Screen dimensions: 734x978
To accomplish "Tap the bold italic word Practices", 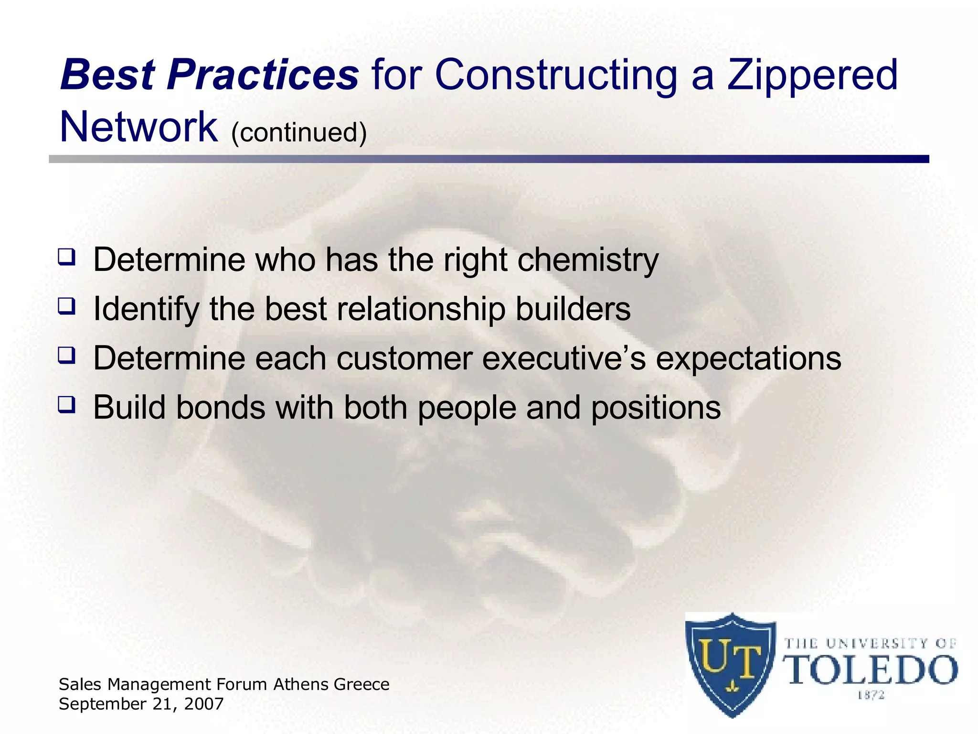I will pyautogui.click(x=262, y=76).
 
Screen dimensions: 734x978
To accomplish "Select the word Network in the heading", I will pyautogui.click(x=138, y=127).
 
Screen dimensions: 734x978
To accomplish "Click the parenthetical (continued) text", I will pyautogui.click(x=299, y=132).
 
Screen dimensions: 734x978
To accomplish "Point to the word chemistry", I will pyautogui.click(x=588, y=261).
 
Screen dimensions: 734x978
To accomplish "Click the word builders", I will pyautogui.click(x=573, y=309).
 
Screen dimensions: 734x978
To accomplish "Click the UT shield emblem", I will pyautogui.click(x=730, y=664).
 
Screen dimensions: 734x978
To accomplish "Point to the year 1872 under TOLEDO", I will pyautogui.click(x=871, y=695).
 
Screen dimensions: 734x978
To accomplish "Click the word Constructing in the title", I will pyautogui.click(x=556, y=76).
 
